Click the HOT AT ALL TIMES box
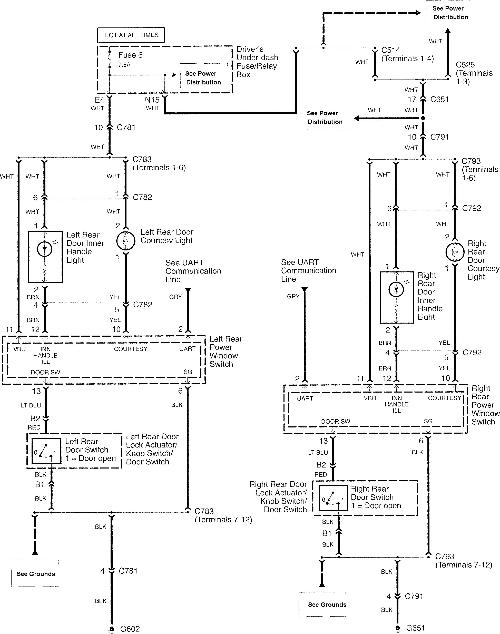[131, 35]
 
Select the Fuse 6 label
[130, 55]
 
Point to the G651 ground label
[415, 628]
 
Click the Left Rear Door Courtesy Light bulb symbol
[126, 241]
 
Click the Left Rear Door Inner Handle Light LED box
[45, 257]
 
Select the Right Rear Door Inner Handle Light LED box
[397, 297]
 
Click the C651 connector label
[439, 100]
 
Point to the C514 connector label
[390, 50]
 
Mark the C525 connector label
[465, 65]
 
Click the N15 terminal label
[152, 100]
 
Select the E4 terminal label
[99, 100]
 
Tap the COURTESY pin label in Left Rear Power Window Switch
[131, 349]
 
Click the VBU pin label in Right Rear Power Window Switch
[370, 398]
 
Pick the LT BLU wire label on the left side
[31, 405]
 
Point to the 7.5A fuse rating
[124, 65]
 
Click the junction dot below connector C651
[423, 118]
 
